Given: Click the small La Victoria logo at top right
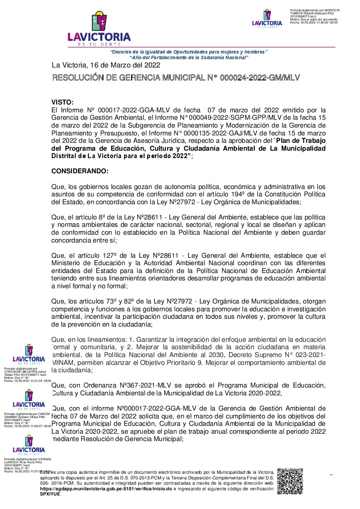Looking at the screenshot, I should click(x=267, y=19).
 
